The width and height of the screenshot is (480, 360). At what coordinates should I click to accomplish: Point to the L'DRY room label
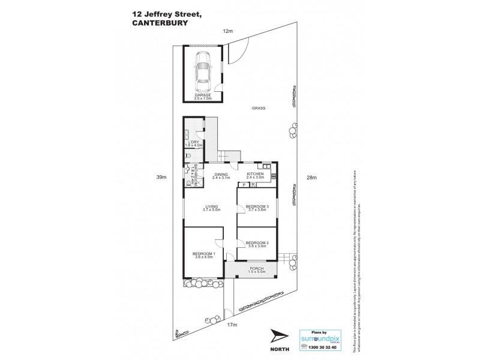point(194,143)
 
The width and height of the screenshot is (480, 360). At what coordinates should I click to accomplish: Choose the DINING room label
point(221,175)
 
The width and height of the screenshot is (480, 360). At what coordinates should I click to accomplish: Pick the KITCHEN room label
point(256,175)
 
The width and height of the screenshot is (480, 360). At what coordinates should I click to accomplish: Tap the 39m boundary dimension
point(161,177)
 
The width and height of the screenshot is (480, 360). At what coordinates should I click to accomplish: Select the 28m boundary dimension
point(310,177)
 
